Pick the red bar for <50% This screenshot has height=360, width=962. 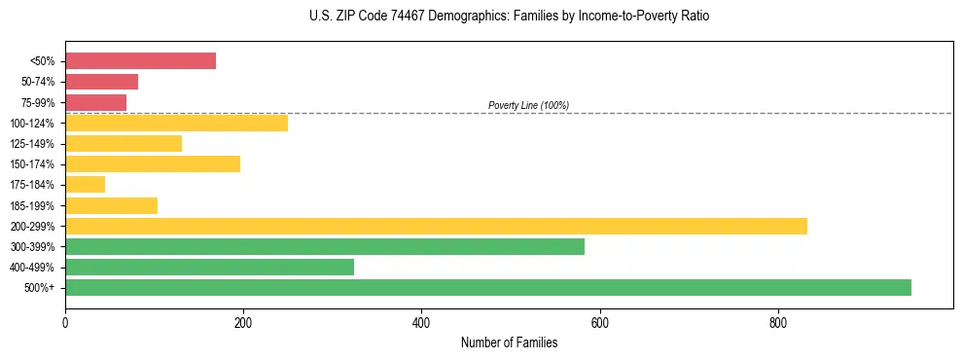pyautogui.click(x=140, y=61)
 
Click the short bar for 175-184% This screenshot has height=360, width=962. pyautogui.click(x=85, y=184)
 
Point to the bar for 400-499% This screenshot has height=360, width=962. pyautogui.click(x=209, y=267)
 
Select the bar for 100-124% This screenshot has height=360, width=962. pyautogui.click(x=176, y=123)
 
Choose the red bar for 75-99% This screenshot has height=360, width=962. pyautogui.click(x=95, y=102)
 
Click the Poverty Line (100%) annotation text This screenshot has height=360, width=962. pyautogui.click(x=528, y=105)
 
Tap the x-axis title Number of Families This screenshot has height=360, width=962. pyautogui.click(x=509, y=342)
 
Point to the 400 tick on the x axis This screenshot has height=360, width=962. pyautogui.click(x=421, y=322)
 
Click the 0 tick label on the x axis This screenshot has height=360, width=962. pyautogui.click(x=65, y=322)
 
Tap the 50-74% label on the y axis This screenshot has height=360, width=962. pyautogui.click(x=38, y=82)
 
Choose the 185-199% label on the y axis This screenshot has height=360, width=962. pyautogui.click(x=34, y=205)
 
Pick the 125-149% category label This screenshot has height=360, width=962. pyautogui.click(x=34, y=144)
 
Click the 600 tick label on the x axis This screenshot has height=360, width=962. pyautogui.click(x=599, y=322)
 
